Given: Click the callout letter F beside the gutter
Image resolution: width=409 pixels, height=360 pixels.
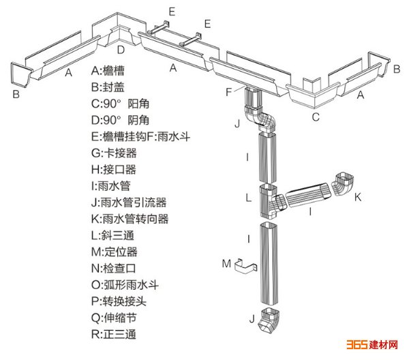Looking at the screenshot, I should tap(230, 91).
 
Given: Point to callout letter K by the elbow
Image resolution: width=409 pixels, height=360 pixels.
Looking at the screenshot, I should tap(358, 197).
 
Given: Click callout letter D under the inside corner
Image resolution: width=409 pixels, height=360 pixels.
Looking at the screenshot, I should tap(120, 49).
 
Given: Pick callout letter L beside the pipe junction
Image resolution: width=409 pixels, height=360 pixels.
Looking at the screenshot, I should tap(249, 198).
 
